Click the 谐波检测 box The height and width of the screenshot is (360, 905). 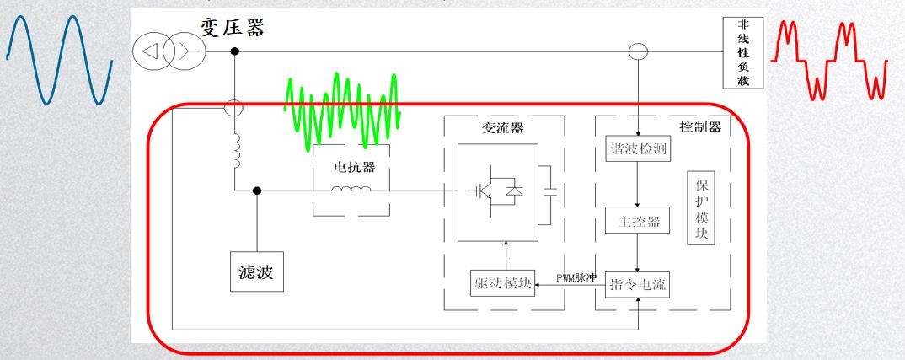[x=638, y=148]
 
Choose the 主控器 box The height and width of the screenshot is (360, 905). [x=638, y=223]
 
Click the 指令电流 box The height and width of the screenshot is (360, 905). [x=638, y=285]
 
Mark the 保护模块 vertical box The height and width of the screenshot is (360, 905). [x=702, y=210]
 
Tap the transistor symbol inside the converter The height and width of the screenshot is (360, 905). [x=483, y=191]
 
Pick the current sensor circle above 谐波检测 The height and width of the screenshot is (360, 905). [x=639, y=52]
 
